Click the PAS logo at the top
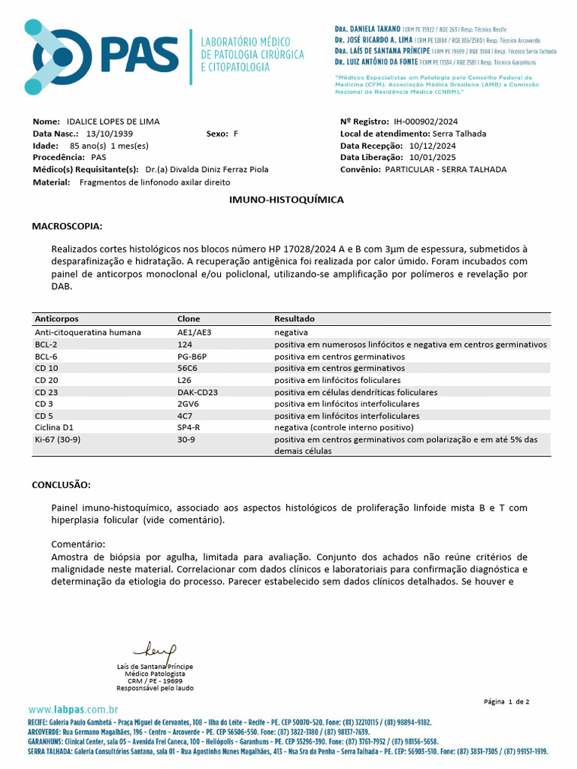101,57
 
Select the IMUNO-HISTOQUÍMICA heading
286,200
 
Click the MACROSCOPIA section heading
67,226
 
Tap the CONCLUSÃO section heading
61,485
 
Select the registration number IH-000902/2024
425,122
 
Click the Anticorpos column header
56,319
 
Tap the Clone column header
189,319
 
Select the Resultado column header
295,319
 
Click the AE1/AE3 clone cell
194,332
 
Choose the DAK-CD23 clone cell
198,392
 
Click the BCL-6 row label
47,356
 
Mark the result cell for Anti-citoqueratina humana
291,332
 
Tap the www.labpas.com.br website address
74,710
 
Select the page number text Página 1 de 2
507,701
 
